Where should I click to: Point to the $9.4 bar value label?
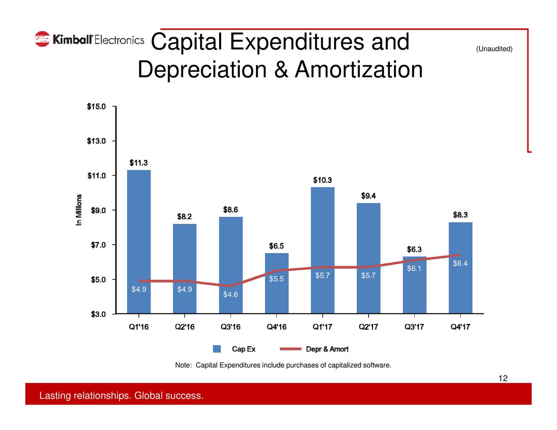(369, 196)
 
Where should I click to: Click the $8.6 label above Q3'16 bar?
(231, 210)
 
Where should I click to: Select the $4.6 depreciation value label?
(230, 295)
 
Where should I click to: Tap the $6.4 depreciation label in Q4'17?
(460, 264)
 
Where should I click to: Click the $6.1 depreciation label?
(414, 269)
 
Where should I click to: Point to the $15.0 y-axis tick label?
(96, 107)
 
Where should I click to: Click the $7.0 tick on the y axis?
(98, 245)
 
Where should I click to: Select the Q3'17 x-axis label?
(414, 327)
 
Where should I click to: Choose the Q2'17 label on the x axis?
(368, 327)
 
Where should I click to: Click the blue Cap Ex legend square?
(217, 349)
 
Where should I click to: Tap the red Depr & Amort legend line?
(290, 349)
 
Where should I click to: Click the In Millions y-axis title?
(79, 210)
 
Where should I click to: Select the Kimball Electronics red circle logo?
(42, 39)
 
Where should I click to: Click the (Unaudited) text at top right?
(494, 49)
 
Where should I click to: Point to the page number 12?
(503, 378)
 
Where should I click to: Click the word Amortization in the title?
(359, 70)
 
